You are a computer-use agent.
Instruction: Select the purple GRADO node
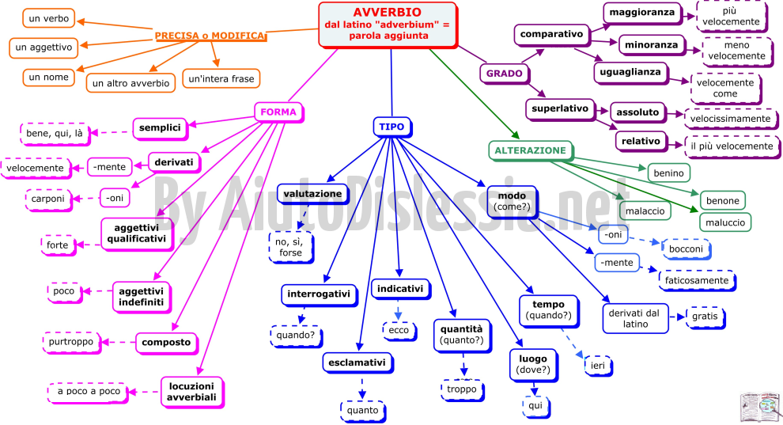pos(505,74)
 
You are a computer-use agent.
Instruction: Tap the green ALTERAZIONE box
pos(531,151)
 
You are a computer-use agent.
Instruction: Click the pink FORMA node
pos(278,112)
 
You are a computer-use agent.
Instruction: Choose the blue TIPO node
pos(392,127)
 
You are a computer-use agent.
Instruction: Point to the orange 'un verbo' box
pos(48,18)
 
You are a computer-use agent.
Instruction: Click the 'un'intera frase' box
pos(221,79)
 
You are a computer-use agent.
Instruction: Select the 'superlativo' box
pos(560,109)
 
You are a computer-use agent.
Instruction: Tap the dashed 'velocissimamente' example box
pos(731,119)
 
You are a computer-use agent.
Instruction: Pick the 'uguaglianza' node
pos(630,72)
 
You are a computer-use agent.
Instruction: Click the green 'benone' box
pos(723,201)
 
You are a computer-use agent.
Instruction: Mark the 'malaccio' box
pos(645,211)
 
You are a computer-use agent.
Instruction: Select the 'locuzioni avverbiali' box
pos(191,392)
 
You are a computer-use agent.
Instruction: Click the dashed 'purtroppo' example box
pos(71,342)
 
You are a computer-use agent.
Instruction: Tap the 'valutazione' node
pos(313,194)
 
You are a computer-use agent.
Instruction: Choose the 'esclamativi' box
pos(357,363)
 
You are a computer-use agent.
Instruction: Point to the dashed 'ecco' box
pos(399,330)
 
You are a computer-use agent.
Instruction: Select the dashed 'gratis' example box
pos(705,317)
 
